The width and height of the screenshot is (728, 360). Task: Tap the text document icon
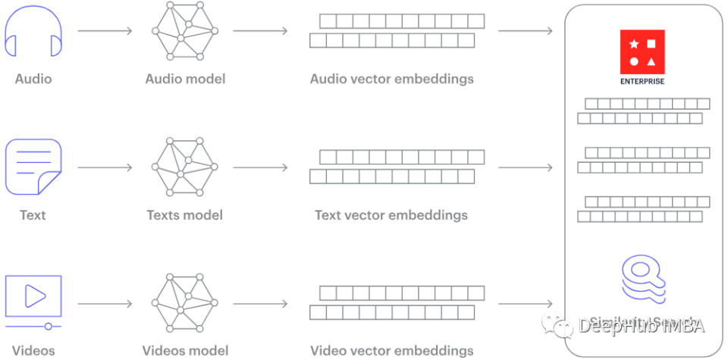point(33,167)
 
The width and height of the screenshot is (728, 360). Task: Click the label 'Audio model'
point(185,79)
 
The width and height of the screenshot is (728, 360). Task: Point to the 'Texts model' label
point(185,215)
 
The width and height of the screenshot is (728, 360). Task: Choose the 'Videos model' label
point(185,350)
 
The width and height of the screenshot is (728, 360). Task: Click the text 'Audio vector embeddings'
point(392,79)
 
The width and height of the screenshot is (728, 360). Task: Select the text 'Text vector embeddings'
point(391,215)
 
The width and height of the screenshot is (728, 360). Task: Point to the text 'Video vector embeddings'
point(392,350)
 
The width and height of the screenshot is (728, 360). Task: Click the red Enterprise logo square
point(642,52)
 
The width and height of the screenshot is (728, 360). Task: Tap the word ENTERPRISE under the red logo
point(642,81)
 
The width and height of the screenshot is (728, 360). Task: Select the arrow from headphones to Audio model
point(105,31)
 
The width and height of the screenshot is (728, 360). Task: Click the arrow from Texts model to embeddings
point(260,167)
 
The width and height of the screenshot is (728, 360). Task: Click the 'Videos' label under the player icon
point(33,350)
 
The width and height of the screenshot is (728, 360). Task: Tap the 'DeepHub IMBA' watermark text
point(642,326)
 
